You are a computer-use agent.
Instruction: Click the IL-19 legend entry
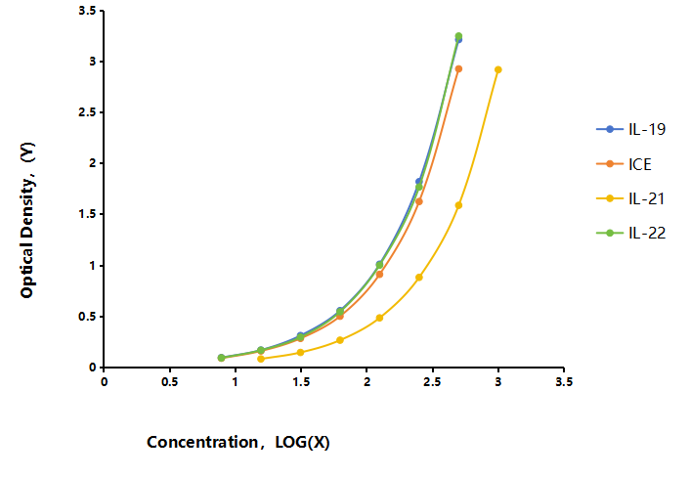pos(631,129)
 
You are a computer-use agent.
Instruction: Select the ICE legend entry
pos(624,164)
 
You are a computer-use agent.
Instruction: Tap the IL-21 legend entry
pos(631,198)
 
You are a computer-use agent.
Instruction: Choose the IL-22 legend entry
pos(631,233)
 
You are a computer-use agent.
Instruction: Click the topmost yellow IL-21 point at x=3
pos(498,69)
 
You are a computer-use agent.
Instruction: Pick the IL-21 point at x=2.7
pos(458,205)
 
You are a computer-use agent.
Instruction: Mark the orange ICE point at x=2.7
pos(458,68)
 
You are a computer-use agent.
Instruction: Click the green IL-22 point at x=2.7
pos(458,36)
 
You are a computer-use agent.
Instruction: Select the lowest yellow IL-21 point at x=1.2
pos(261,359)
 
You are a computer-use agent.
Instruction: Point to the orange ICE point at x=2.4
pos(419,201)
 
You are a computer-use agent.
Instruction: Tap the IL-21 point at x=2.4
pos(419,278)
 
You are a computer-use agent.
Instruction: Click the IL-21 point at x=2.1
pos(379,318)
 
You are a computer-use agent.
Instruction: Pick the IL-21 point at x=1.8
pos(340,340)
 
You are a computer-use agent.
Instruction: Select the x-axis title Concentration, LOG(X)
pos(238,442)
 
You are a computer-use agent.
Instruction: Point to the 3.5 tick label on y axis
pos(87,11)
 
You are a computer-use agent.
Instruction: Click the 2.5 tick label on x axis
pos(432,381)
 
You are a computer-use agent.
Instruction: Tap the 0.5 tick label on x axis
pos(169,381)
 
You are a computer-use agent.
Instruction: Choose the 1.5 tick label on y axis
pos(87,214)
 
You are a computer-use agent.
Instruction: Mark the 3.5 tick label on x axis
pos(564,381)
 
